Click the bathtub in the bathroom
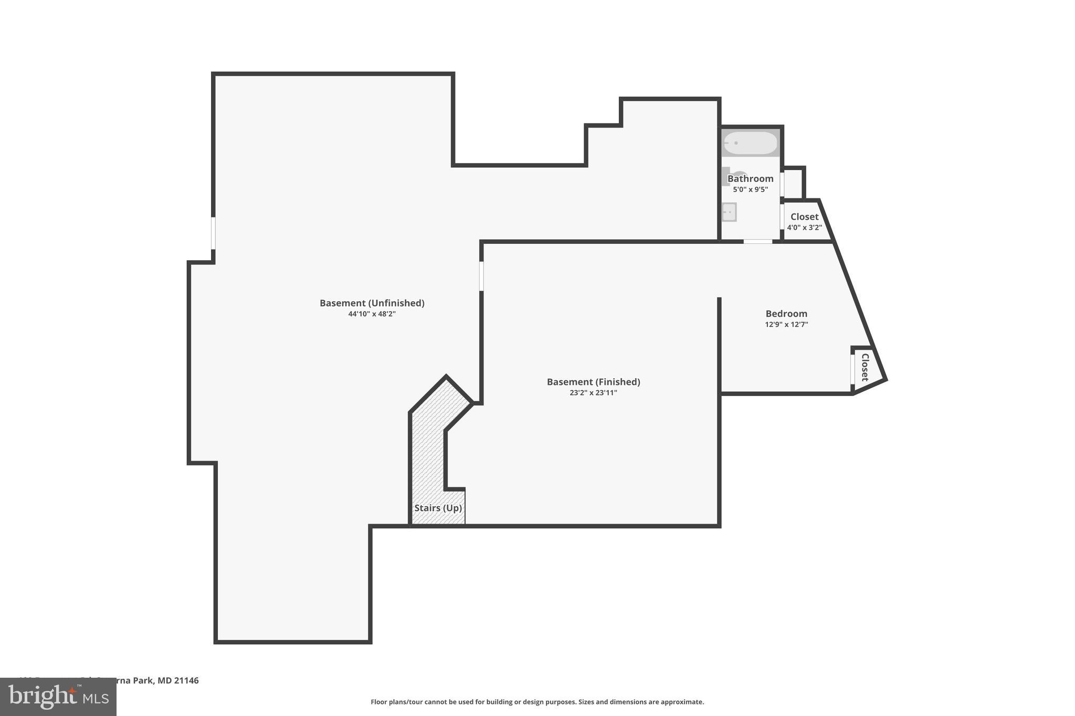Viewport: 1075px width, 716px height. (x=750, y=143)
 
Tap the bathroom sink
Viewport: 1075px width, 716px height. (x=729, y=212)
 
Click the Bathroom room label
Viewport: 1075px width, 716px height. (x=750, y=179)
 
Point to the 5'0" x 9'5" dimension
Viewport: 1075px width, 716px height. (x=750, y=189)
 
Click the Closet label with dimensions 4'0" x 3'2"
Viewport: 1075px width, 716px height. (x=804, y=217)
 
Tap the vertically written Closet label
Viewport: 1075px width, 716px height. (x=865, y=367)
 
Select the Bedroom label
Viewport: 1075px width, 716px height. (x=786, y=314)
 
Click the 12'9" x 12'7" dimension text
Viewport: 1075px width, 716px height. (x=786, y=325)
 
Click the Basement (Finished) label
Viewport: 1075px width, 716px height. (x=593, y=382)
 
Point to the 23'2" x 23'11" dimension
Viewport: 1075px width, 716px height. (x=593, y=393)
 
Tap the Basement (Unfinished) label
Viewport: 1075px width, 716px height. (x=372, y=303)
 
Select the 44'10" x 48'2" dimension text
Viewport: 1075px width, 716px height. (x=372, y=314)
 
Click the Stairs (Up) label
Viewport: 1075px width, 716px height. (x=438, y=508)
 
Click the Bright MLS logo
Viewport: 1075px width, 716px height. (x=58, y=697)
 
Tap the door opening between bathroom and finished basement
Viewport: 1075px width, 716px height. (x=757, y=241)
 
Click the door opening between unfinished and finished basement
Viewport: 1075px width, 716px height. (x=481, y=276)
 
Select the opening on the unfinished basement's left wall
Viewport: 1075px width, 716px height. (x=213, y=233)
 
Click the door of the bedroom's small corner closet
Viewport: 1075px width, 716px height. (x=852, y=370)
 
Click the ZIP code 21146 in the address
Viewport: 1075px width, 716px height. (x=186, y=680)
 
